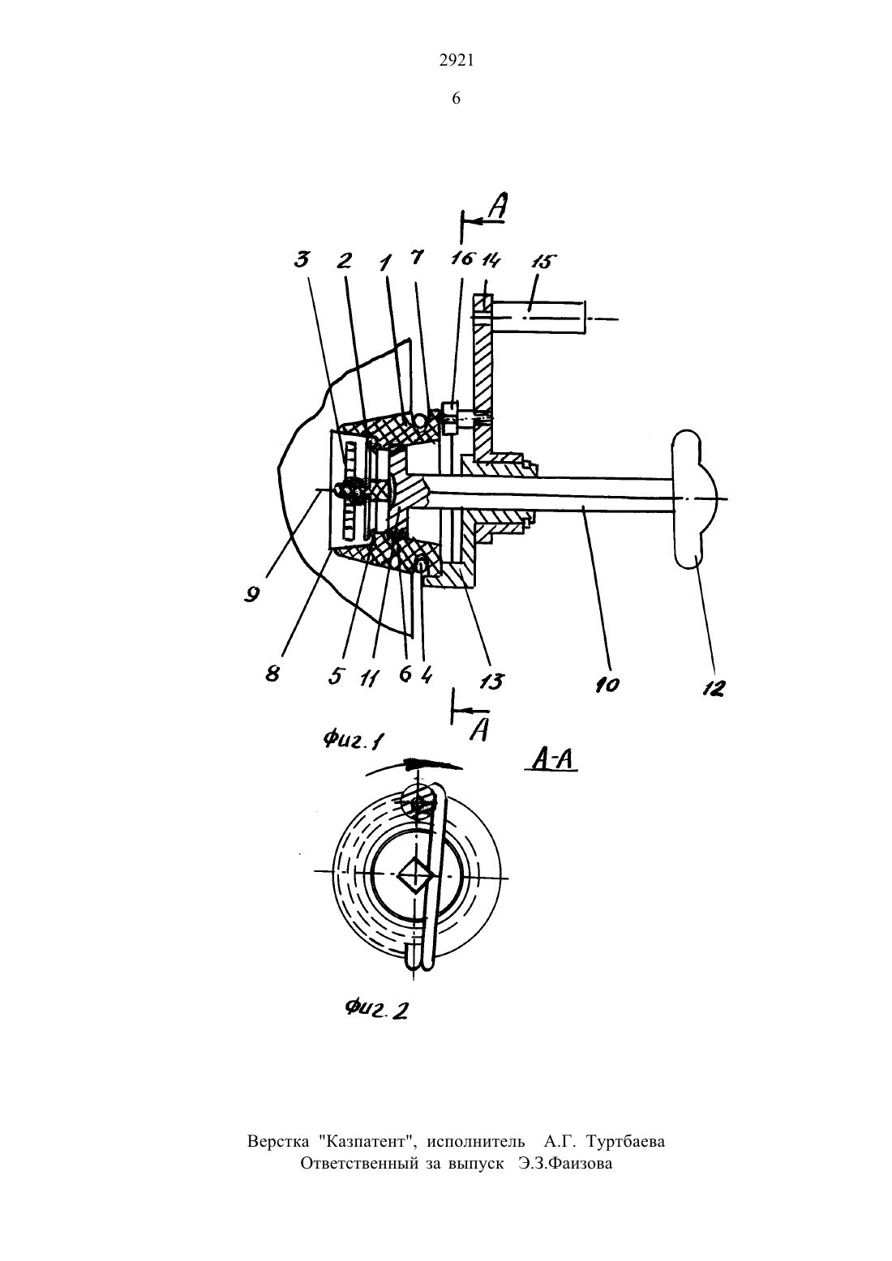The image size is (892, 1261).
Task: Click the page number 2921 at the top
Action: [456, 61]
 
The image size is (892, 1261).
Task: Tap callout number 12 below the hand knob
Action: [713, 688]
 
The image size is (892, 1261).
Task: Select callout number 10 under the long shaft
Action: [607, 685]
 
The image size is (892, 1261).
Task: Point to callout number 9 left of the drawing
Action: [251, 593]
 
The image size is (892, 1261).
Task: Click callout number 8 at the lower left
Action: [272, 673]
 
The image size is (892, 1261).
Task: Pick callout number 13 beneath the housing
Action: [491, 682]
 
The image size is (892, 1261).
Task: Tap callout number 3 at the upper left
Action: [302, 260]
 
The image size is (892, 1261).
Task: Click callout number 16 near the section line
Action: [464, 259]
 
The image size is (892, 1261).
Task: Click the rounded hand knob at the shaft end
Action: [694, 499]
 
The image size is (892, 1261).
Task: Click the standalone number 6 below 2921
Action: [456, 99]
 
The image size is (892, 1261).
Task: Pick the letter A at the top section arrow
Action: [497, 206]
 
